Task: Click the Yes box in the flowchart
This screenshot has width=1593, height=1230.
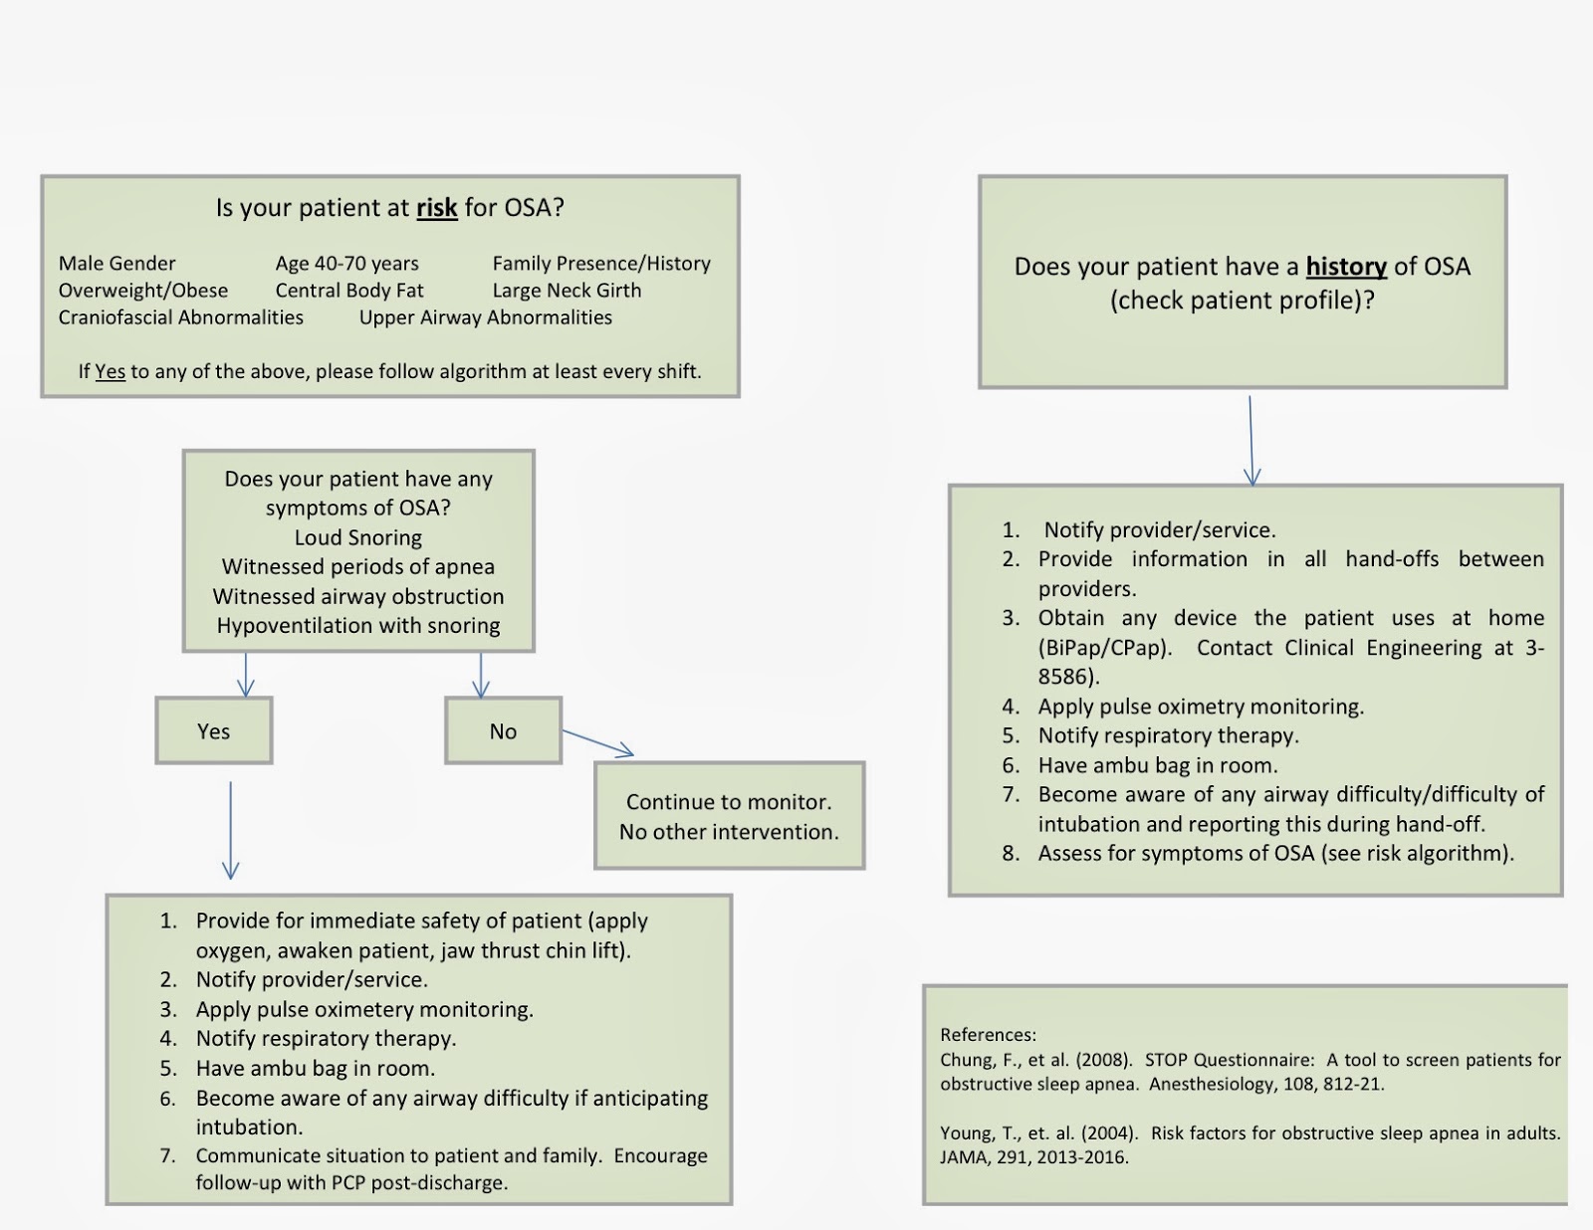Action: tap(213, 731)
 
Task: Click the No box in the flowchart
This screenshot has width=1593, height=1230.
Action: tap(503, 731)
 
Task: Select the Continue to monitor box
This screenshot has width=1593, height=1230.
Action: tap(729, 816)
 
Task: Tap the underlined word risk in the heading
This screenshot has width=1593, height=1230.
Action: tap(436, 208)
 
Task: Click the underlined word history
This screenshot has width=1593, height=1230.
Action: tap(1345, 267)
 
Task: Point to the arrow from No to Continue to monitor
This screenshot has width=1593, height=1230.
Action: tap(597, 742)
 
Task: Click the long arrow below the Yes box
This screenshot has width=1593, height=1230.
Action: tap(230, 831)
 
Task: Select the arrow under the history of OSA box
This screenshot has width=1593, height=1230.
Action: tap(1252, 440)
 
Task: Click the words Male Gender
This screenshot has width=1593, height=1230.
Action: tap(116, 264)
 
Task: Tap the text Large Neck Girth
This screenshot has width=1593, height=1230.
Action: tap(567, 291)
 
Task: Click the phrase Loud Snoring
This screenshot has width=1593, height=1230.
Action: tap(357, 538)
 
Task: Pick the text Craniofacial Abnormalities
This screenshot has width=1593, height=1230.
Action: tap(180, 317)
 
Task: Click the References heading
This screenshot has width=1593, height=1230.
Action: tap(988, 1035)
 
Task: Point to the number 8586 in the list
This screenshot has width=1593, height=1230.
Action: tap(1065, 677)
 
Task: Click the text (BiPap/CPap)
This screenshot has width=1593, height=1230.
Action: tap(1104, 648)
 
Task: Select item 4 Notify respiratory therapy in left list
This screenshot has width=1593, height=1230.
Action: tap(326, 1039)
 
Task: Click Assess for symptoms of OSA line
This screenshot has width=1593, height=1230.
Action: tap(1275, 854)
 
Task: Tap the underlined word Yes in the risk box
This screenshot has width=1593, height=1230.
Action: tap(110, 372)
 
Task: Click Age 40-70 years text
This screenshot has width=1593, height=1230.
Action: tap(346, 264)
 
